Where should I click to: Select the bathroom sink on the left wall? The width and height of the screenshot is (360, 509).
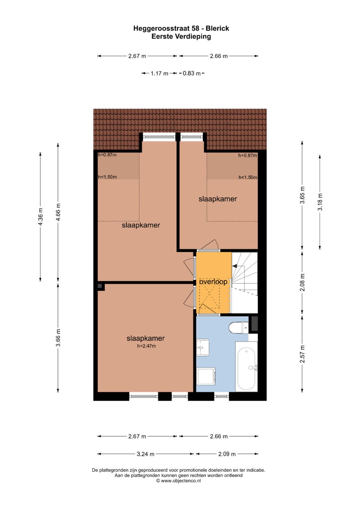coord(203,347)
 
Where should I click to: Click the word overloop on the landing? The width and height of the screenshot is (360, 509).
coord(213,282)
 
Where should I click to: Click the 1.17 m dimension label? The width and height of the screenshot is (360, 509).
coord(159,73)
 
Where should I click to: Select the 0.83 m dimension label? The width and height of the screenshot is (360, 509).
coord(192,73)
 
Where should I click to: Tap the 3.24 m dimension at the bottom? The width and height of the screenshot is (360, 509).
coord(145,454)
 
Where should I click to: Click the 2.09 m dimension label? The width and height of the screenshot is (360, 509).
coord(227,454)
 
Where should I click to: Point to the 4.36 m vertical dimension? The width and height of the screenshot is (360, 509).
coord(40,217)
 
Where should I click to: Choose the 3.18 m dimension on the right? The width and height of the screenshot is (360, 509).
coord(320,202)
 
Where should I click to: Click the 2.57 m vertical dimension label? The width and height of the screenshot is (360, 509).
coord(302,354)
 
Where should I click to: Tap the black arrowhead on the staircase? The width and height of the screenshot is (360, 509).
coord(234,266)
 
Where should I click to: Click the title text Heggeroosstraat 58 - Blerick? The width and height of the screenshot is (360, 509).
coord(181,28)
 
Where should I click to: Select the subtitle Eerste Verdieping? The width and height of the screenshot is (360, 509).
coord(181,36)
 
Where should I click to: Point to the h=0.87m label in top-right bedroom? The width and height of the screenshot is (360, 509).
coord(247,155)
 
